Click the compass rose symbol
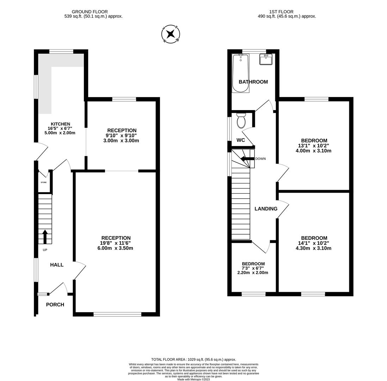pos(171,34)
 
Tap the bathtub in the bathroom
pos(240,73)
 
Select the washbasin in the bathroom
pos(266,59)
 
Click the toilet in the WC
pos(241,121)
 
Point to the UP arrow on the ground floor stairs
pos(45,236)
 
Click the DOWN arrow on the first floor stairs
pos(247,159)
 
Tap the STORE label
pos(44,182)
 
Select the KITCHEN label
pos(60,124)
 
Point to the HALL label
pos(57,265)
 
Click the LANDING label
pos(266,209)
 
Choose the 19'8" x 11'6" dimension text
pos(115,243)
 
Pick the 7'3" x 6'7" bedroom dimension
pos(253,268)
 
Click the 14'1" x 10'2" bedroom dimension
pos(313,243)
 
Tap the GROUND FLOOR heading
pos(90,12)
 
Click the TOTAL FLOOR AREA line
pos(193,359)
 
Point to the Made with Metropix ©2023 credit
pos(193,379)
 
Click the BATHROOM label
pos(253,82)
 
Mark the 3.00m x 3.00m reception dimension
pos(121,141)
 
